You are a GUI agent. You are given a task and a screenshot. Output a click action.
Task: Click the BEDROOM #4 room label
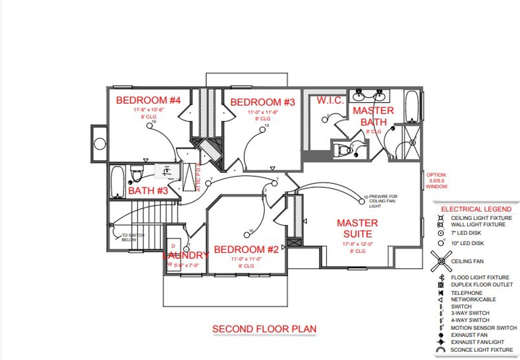[x=148, y=100]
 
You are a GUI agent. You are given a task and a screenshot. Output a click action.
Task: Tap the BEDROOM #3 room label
[x=262, y=102]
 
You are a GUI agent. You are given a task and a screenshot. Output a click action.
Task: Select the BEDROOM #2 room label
[x=246, y=250]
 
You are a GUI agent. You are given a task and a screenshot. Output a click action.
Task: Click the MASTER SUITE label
[x=357, y=229]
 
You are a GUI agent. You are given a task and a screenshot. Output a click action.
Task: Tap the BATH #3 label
[x=148, y=191]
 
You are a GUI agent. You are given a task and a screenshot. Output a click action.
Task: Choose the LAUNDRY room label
[x=186, y=255]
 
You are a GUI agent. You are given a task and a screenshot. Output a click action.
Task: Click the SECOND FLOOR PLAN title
[x=264, y=329]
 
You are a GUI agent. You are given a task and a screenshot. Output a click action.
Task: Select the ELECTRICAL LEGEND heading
[x=476, y=209]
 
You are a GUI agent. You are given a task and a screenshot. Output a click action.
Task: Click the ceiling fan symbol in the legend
[x=441, y=261]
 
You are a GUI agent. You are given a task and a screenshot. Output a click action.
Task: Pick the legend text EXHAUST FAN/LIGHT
[x=477, y=342]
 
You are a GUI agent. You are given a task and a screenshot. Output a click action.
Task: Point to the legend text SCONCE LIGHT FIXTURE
[x=481, y=350]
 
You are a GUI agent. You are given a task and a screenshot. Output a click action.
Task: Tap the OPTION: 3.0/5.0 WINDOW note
[x=436, y=181]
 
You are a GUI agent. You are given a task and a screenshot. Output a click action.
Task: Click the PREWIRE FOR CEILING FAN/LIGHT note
[x=381, y=201]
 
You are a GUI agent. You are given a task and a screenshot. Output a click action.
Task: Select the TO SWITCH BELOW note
[x=133, y=237]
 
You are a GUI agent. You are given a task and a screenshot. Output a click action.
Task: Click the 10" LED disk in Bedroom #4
[x=149, y=126]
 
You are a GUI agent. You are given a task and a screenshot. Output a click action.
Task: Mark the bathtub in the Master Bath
[x=411, y=106]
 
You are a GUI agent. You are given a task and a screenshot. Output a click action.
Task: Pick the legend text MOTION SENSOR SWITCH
[x=483, y=328]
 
